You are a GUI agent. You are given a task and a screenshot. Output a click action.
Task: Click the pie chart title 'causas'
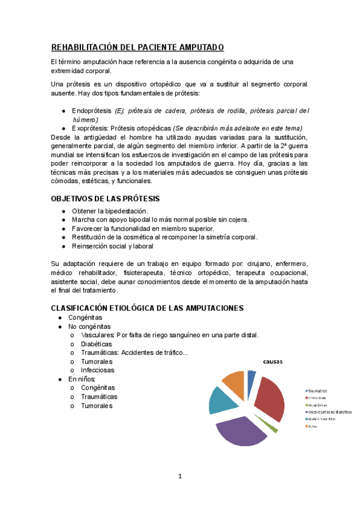[272, 362]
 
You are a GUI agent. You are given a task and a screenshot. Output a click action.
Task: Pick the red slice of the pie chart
[268, 399]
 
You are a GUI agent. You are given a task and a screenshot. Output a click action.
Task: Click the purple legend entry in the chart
[329, 412]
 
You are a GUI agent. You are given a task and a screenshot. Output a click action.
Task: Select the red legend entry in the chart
[318, 397]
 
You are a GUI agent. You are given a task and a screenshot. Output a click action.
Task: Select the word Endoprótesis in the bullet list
[91, 111]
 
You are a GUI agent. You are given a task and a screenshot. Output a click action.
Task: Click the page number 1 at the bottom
[180, 477]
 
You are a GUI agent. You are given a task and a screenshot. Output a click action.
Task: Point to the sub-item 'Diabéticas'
[96, 344]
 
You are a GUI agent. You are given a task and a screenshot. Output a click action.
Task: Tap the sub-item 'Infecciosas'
[97, 370]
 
